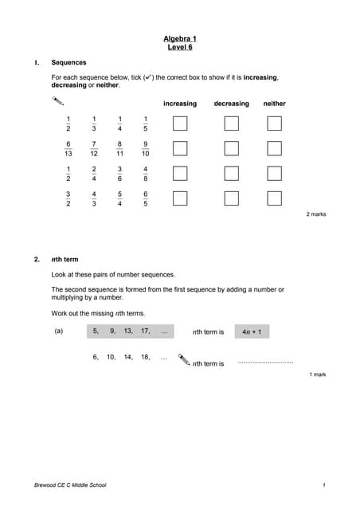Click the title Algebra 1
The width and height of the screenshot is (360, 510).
point(179,38)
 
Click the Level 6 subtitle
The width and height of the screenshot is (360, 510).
point(179,47)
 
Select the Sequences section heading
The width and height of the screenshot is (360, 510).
point(68,62)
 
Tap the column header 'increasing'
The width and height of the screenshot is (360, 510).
point(180,104)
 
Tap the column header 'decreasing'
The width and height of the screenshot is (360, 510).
point(231,104)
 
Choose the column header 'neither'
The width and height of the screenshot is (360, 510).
point(274,104)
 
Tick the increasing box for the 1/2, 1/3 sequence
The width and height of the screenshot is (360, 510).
point(180,123)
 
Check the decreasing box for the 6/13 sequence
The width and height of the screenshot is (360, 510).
point(231,148)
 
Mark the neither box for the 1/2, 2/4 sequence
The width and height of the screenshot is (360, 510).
point(274,173)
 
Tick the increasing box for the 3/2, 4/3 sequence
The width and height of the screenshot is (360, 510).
point(180,198)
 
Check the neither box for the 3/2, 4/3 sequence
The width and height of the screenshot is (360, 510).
point(274,198)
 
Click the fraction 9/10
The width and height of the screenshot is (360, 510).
point(145,148)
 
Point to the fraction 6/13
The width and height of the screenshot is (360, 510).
point(68,148)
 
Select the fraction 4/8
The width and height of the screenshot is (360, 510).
point(145,174)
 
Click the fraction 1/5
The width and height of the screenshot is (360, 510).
point(145,124)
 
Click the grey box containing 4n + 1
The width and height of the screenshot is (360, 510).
point(252,331)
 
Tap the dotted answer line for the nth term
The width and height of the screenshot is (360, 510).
point(265,363)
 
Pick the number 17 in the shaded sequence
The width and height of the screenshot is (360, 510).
point(145,331)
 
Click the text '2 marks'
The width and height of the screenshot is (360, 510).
point(316,214)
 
